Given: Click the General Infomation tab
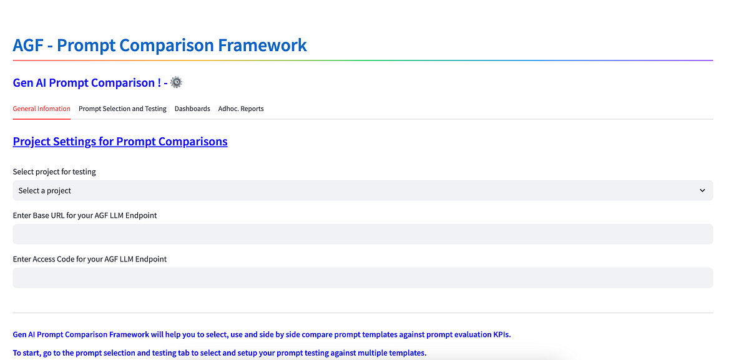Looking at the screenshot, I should tap(41, 109).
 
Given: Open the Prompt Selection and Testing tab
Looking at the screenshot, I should tap(122, 109).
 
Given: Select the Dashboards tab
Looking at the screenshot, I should tap(192, 109).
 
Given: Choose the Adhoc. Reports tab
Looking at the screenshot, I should tap(241, 109).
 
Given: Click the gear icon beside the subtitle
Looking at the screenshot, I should tap(177, 82).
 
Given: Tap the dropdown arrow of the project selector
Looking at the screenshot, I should tap(702, 190).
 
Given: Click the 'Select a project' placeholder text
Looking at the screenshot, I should tap(45, 190).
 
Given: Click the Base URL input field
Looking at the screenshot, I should tap(363, 234).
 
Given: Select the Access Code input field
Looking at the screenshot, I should tap(363, 278).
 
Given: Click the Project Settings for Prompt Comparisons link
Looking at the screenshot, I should tap(120, 142).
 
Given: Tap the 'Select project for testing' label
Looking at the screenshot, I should tap(54, 172).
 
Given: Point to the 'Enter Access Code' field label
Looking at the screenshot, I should tap(90, 259).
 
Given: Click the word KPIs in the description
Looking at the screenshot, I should tap(501, 334).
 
